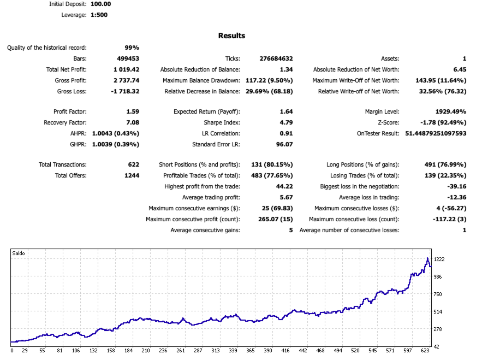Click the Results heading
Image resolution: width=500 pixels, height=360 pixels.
pos(231,36)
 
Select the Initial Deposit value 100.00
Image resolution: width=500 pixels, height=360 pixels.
pos(101,4)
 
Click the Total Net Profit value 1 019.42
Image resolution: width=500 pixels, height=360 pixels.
pos(126,69)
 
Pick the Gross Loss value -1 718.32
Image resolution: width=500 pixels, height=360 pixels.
pos(125,91)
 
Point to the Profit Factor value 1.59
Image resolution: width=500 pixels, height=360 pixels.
pos(132,111)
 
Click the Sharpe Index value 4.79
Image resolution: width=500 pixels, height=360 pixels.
pos(286,122)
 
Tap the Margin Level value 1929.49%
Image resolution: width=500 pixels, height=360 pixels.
pos(447,111)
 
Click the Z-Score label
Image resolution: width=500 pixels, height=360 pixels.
pos(388,122)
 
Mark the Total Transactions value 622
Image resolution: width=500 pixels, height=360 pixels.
pos(133,164)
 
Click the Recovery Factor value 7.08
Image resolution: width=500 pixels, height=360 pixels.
pos(132,122)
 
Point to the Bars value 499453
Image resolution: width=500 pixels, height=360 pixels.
pos(128,58)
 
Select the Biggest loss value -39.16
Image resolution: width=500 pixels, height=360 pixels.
pos(456,186)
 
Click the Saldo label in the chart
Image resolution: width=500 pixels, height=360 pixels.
pos(19,253)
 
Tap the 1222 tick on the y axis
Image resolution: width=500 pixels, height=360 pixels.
pos(440,259)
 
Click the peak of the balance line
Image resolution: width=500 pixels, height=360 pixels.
pos(427,258)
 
